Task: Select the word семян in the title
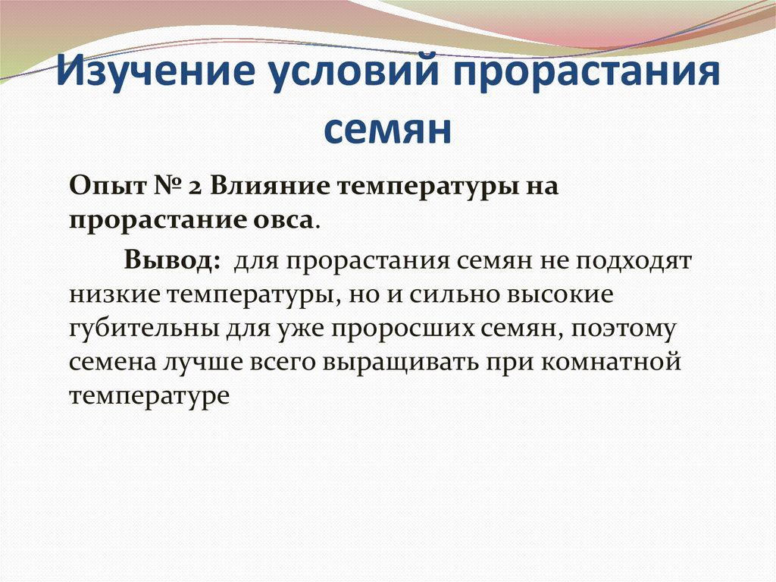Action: (x=387, y=130)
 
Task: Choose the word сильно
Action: (x=449, y=294)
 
